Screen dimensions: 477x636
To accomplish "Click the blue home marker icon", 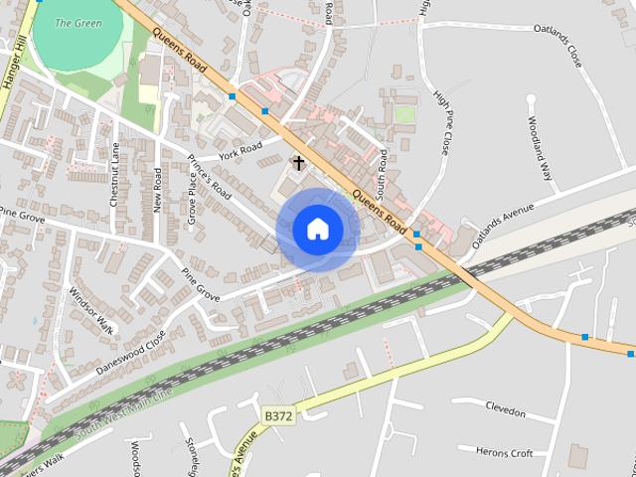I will click(x=318, y=229).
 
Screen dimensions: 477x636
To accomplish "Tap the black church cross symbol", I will click(x=297, y=162).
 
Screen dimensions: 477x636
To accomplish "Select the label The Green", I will click(x=78, y=23).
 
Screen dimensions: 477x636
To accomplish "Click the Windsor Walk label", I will click(x=92, y=310).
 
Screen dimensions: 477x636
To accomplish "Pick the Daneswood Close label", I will click(x=130, y=353).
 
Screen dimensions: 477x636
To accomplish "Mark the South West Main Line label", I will click(x=124, y=410).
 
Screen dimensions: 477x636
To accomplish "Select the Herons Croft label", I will click(x=505, y=453).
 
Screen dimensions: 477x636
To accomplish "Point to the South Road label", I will click(x=382, y=173).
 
